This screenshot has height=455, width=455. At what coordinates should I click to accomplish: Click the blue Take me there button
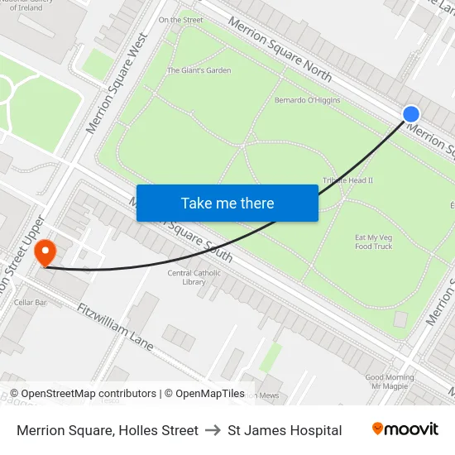tap(227, 204)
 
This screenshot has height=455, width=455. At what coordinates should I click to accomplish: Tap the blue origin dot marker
tap(411, 114)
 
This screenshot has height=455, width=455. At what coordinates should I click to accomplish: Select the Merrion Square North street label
tap(280, 50)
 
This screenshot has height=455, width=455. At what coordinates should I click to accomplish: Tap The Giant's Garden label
tap(199, 70)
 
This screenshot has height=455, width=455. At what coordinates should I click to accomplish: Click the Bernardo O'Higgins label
tap(307, 101)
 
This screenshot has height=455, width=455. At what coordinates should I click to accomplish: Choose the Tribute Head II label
tap(347, 180)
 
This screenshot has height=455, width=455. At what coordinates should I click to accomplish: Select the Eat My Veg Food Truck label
tap(373, 242)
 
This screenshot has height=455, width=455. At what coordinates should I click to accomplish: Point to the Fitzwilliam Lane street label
tap(115, 326)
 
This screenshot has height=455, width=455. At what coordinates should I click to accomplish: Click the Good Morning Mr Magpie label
tap(390, 381)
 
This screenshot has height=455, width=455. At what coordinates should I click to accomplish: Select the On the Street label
tap(180, 19)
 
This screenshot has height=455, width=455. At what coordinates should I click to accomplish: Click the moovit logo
tap(405, 429)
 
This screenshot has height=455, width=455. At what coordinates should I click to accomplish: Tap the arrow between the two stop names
tap(213, 430)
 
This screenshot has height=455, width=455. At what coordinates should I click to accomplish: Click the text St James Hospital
tap(285, 430)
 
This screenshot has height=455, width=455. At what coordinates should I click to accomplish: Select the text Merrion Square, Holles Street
tap(108, 430)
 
